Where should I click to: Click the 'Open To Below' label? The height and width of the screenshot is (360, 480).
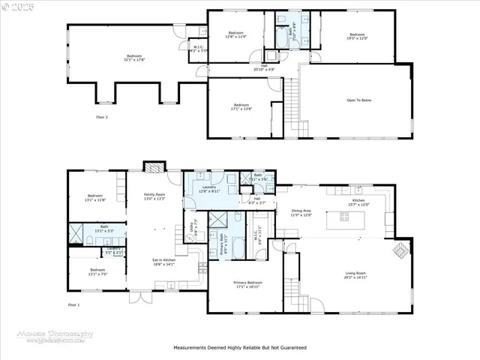(361, 100)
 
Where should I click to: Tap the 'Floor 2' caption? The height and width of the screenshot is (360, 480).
(102, 118)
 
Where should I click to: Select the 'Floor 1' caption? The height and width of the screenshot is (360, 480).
(73, 304)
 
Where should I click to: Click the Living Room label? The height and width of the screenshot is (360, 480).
(355, 274)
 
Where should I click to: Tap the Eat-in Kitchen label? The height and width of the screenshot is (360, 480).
(163, 262)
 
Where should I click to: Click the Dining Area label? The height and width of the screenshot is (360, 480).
(301, 213)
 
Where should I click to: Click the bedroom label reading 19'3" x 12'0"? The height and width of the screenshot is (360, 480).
(355, 36)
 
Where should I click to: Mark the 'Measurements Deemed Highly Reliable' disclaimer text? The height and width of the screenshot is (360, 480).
(239, 348)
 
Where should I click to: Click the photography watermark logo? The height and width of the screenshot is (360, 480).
(56, 336)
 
